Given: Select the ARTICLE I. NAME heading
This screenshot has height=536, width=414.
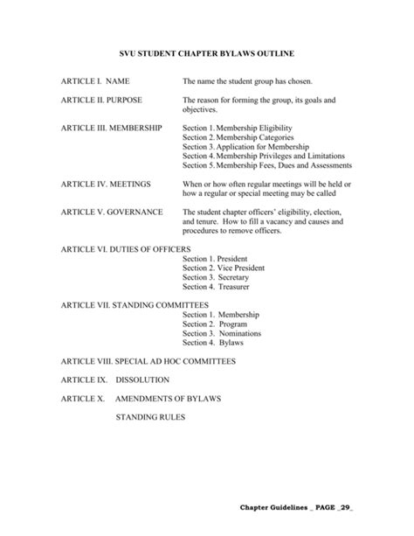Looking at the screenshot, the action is pos(94,81).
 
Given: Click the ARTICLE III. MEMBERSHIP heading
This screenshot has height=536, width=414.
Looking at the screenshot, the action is pos(111,128).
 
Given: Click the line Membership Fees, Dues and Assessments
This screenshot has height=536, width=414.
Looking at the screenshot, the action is pos(267,164).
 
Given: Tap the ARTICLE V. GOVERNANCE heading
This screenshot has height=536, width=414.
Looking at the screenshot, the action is pos(110,212).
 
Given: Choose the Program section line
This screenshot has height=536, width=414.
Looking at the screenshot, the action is pos(209,323).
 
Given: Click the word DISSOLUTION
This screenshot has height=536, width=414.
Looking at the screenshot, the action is pos(142,380).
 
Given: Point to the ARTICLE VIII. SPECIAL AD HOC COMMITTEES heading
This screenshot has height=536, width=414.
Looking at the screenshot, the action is pos(148,361).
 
